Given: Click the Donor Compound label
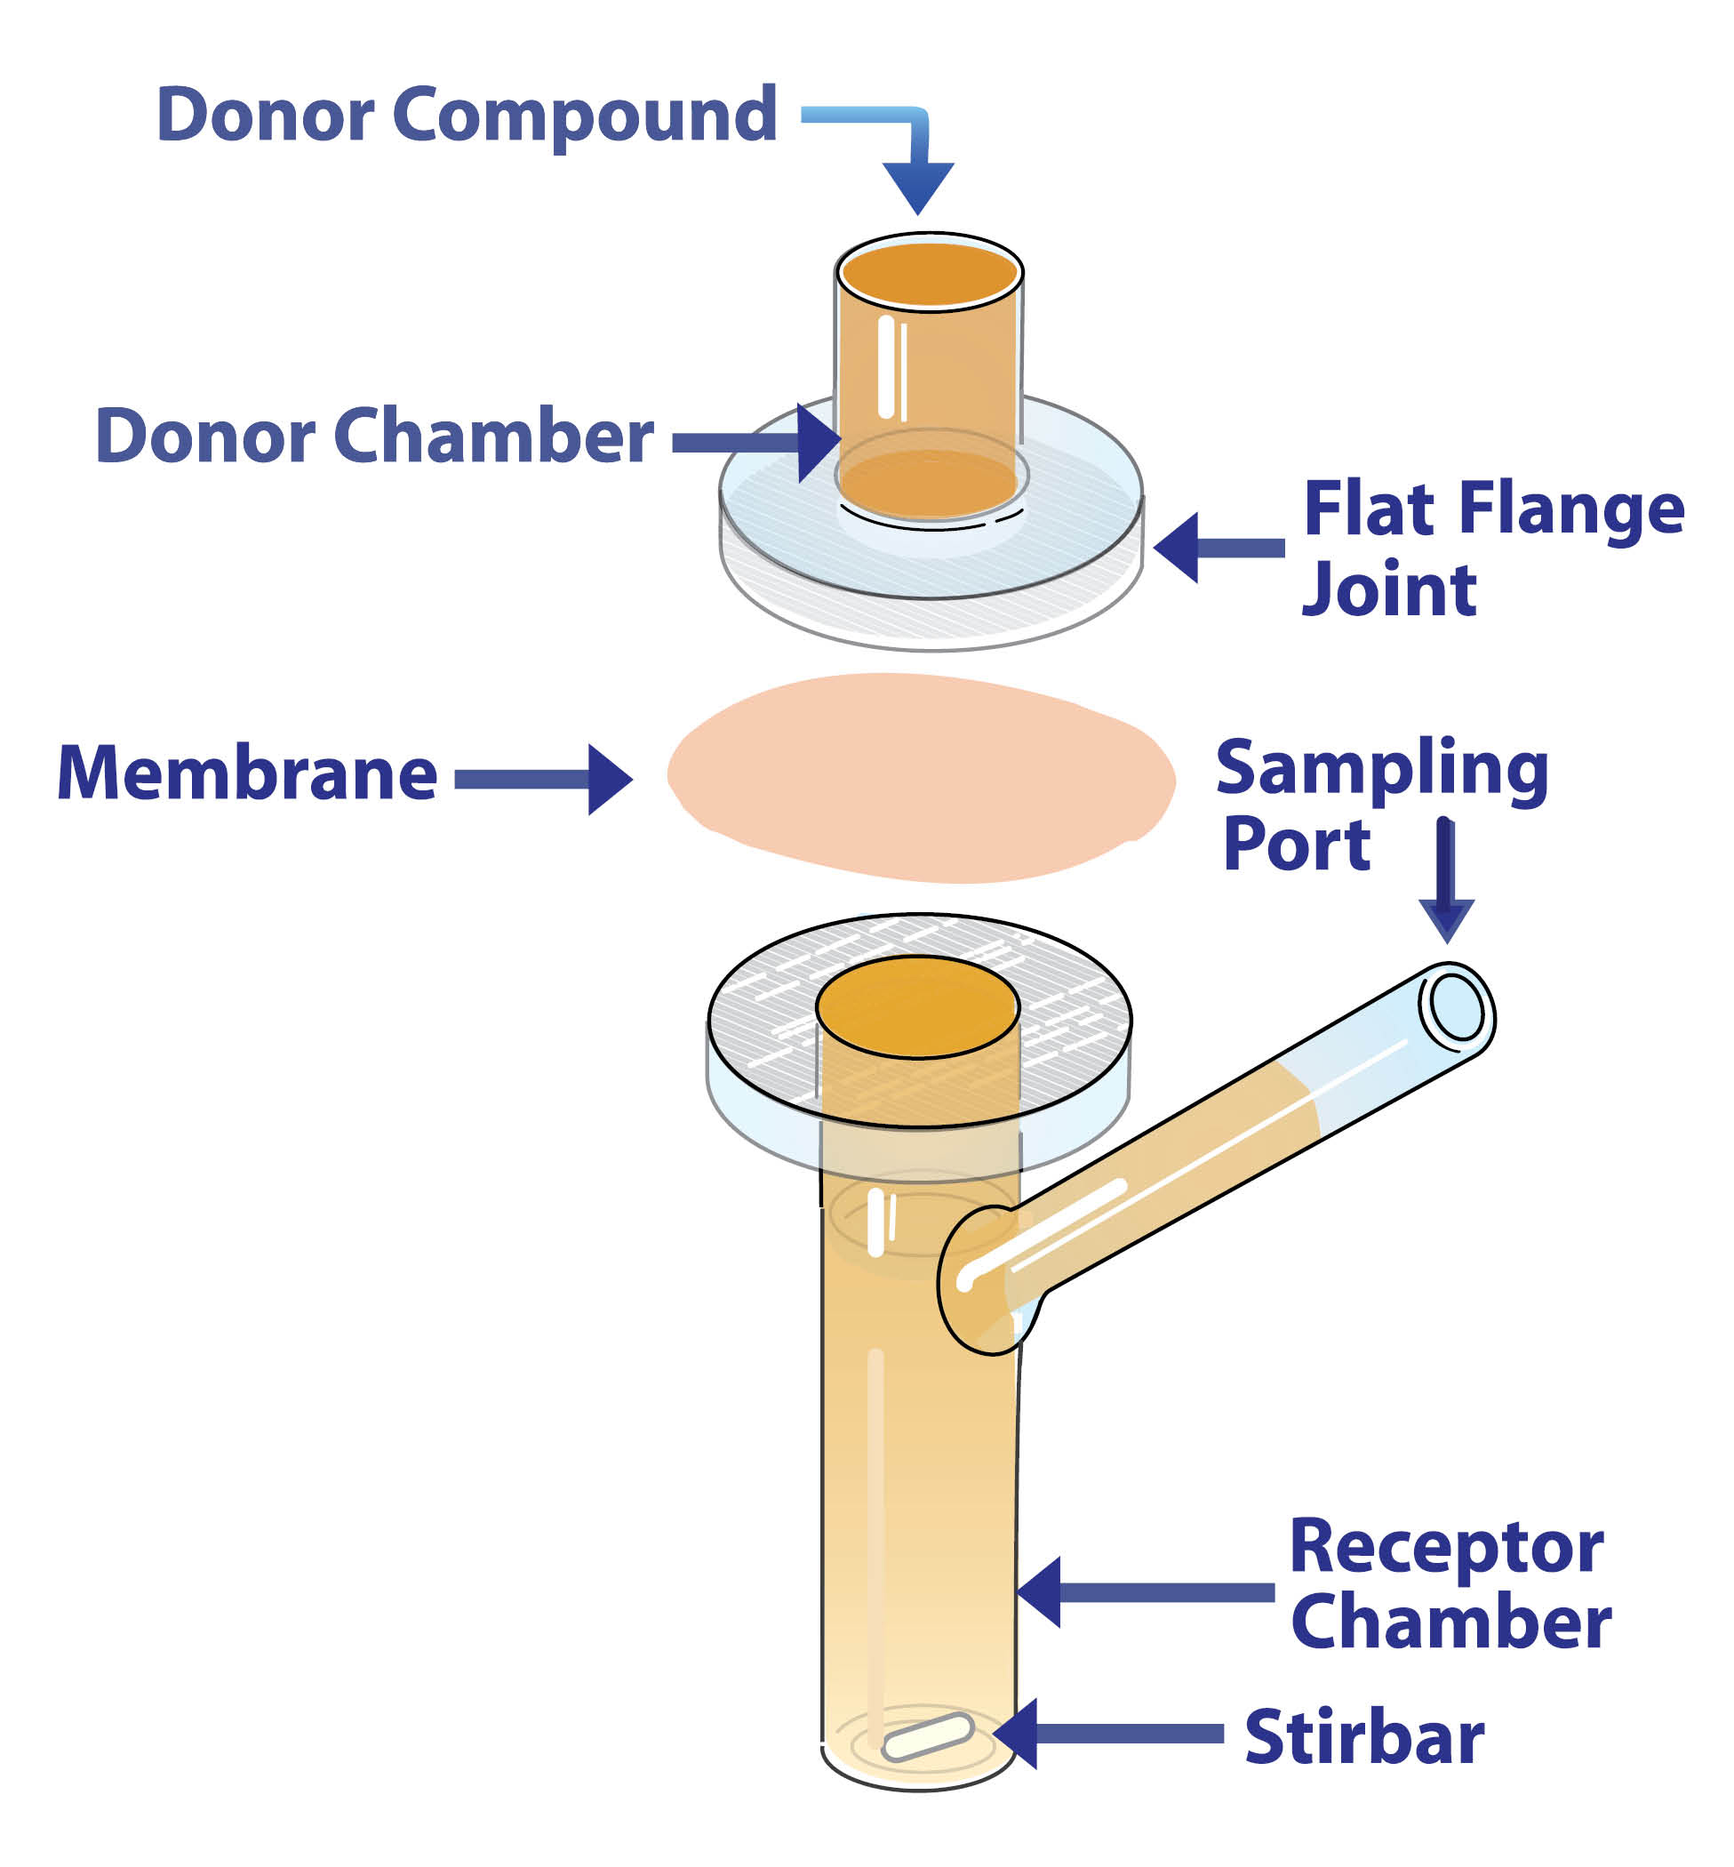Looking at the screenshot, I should coord(467,115).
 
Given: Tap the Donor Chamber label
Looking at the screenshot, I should coord(374,436).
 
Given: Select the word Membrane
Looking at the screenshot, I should coord(248,773).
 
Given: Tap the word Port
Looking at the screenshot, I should coord(1297,845).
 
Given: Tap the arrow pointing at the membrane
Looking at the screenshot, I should coord(544,779).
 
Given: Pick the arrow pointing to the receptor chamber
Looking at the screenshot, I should coord(1145,1592).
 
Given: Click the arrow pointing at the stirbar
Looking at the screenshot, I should coord(1107,1734).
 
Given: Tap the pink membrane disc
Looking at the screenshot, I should coord(920,779).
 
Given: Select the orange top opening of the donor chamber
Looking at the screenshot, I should coord(929,273).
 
